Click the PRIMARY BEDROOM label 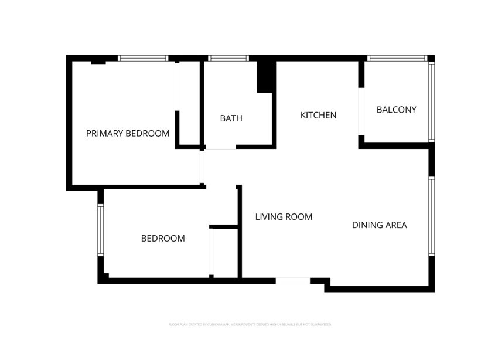coord(128,134)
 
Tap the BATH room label coord(231,118)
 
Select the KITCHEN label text coord(318,115)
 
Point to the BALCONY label coord(396,110)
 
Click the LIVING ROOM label coord(284,217)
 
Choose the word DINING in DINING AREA coord(367,225)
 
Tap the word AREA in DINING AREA coord(395,225)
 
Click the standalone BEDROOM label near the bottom coord(163,239)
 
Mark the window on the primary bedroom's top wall coord(143,58)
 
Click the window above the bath coord(229,58)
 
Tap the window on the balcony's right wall coord(431,101)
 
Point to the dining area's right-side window coord(431,216)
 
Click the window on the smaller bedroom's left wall coord(100,229)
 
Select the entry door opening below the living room coord(292,281)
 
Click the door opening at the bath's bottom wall coord(220,147)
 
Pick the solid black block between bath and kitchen coord(265,76)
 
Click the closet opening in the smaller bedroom coord(212,252)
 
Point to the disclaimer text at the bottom coord(250,324)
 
